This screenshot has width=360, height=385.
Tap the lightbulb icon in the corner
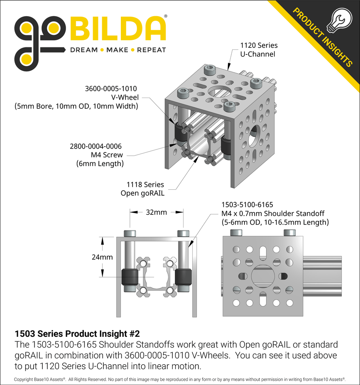[x=338, y=21]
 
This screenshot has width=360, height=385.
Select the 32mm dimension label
[x=157, y=212]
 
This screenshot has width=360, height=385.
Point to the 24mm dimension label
[x=102, y=257]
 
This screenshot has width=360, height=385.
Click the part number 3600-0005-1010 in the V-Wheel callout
[x=111, y=88]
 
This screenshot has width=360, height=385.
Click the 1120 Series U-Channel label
[x=259, y=49]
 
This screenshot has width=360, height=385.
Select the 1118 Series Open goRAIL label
[x=142, y=189]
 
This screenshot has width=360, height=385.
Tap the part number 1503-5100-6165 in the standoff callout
[x=247, y=205]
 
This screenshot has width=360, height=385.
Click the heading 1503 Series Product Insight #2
[x=77, y=334]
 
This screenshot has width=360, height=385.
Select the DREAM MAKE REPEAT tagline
[x=118, y=50]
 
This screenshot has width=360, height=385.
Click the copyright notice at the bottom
[x=180, y=380]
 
